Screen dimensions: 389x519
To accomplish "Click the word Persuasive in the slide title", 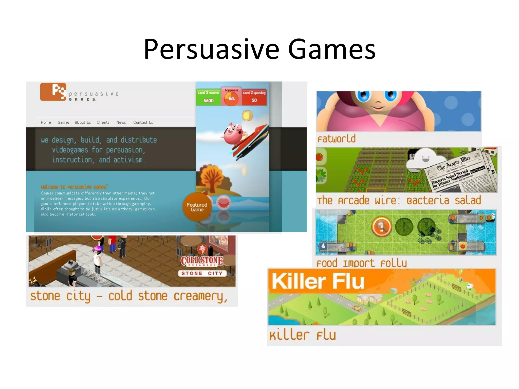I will (212, 49).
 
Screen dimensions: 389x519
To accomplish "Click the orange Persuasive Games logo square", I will (53, 92).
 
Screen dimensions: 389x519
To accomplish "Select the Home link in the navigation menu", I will (46, 123).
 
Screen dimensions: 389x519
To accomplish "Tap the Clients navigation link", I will (103, 123).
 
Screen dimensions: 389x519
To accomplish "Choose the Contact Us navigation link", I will (143, 123).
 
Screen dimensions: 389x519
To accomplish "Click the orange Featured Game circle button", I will (197, 207).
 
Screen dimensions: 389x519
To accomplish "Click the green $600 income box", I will (208, 97).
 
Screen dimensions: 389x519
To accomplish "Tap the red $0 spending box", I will (254, 97).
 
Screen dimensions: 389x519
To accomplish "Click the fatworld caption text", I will (337, 139).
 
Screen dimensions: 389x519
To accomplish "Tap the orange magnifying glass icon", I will (381, 227).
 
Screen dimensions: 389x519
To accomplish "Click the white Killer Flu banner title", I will (318, 281).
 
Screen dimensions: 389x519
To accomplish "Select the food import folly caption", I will (361, 263).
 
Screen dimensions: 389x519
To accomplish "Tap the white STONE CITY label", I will (202, 273).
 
